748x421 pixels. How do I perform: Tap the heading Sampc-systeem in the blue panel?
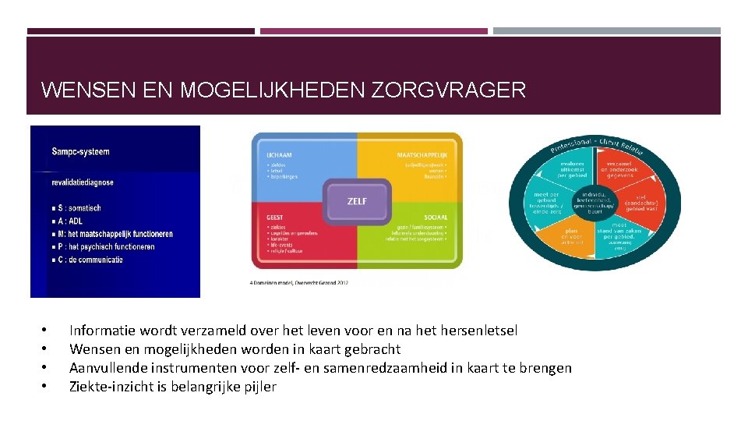click(81, 151)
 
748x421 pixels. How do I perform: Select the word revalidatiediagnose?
click(83, 182)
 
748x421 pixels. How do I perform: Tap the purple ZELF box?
click(357, 201)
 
